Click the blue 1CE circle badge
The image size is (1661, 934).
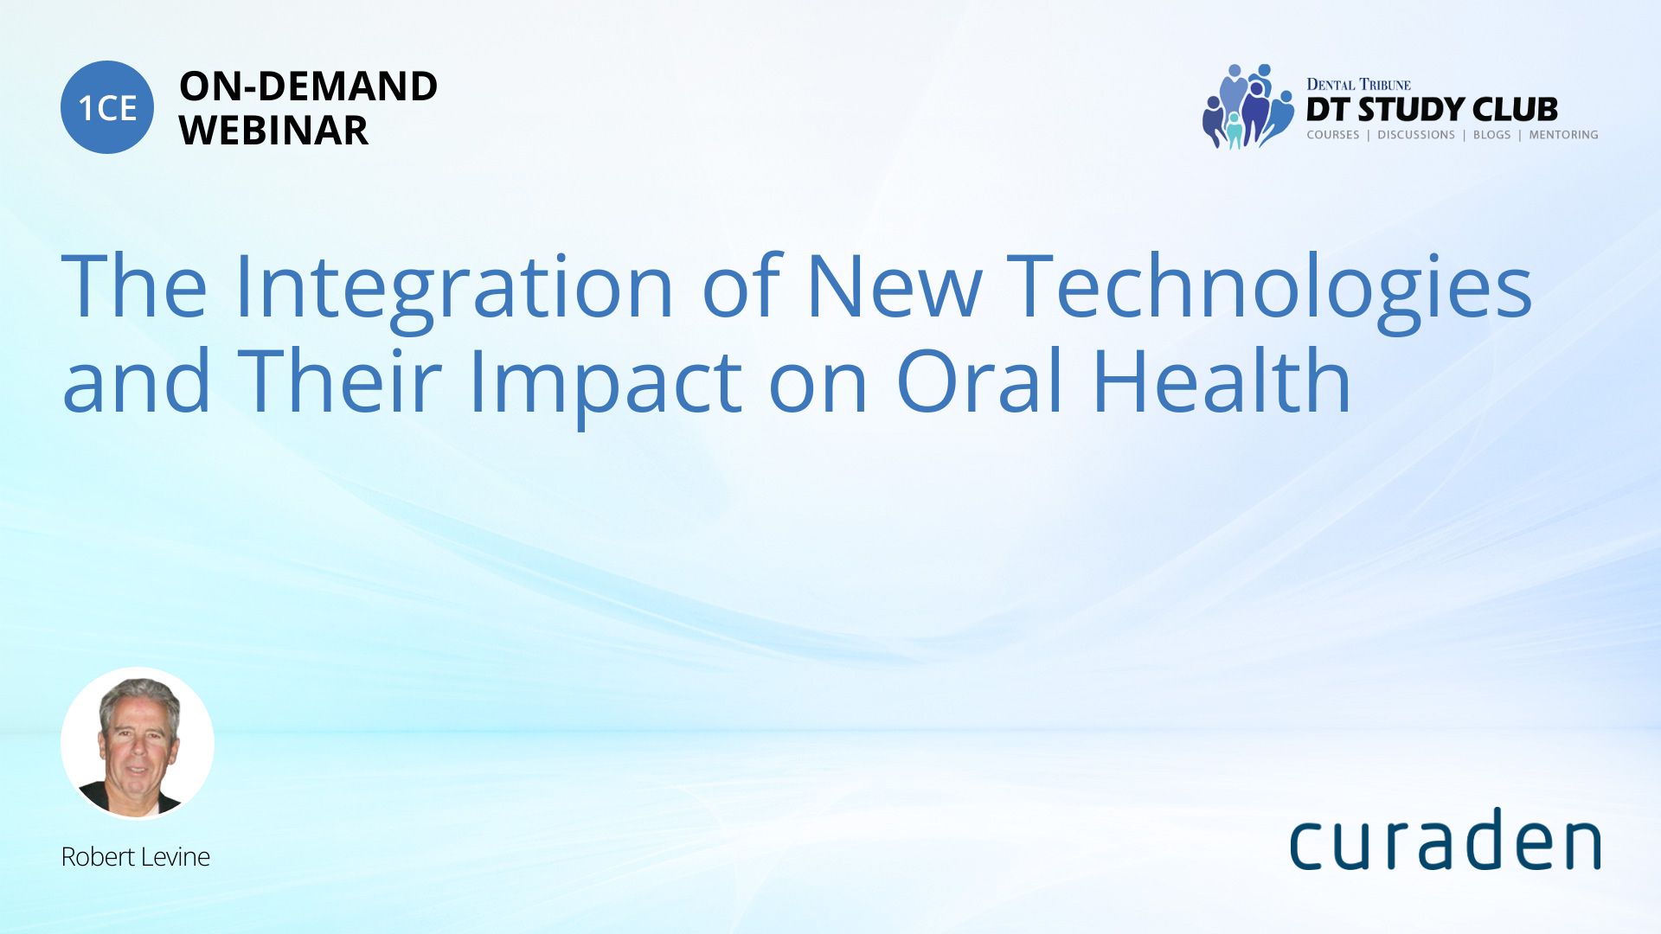pos(107,107)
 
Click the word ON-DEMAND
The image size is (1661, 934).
pos(308,86)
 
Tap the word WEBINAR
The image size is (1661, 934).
pos(273,131)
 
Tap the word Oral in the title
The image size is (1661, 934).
pos(979,381)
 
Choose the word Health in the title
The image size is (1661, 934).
pos(1222,381)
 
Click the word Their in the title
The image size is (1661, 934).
pos(339,381)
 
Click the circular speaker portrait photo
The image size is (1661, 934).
pos(138,744)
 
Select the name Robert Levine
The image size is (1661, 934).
pos(136,857)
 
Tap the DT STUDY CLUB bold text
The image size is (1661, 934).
pos(1432,110)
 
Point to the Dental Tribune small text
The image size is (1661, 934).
pos(1358,85)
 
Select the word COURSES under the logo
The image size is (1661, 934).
pos(1333,135)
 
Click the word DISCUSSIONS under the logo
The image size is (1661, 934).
pos(1416,135)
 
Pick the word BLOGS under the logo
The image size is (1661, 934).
pos(1491,135)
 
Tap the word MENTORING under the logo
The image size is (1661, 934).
pos(1563,135)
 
